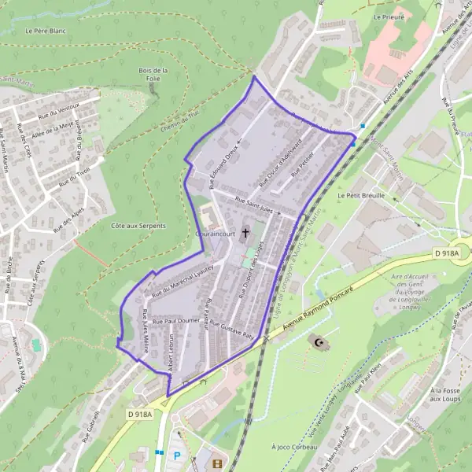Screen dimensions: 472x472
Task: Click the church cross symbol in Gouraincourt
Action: pyautogui.click(x=246, y=232)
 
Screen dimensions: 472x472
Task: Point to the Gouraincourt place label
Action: pyautogui.click(x=215, y=234)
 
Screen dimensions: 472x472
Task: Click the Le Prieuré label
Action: pyautogui.click(x=389, y=17)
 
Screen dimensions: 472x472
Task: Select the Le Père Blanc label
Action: pyautogui.click(x=45, y=31)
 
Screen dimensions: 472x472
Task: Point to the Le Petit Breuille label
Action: pyautogui.click(x=361, y=194)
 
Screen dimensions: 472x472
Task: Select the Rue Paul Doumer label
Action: pyautogui.click(x=177, y=321)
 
